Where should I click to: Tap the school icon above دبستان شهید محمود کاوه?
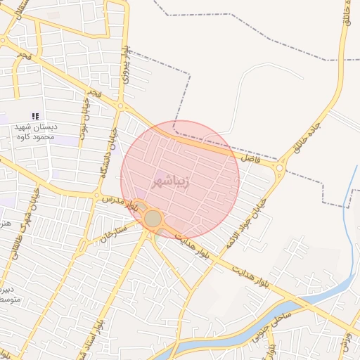[x=35, y=116]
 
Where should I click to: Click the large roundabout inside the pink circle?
[x=153, y=219]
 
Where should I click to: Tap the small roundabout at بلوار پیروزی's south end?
[x=121, y=106]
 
